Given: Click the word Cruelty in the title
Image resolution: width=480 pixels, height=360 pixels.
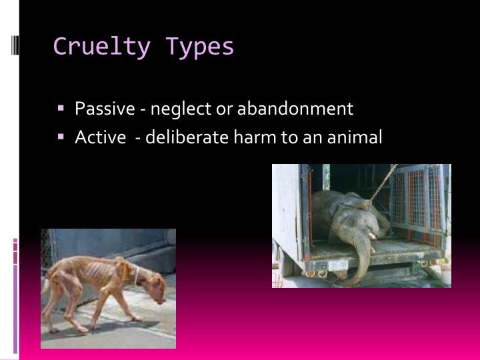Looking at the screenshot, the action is pos(101,47).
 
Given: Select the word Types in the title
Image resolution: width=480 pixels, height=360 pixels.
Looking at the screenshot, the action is pos(199,47).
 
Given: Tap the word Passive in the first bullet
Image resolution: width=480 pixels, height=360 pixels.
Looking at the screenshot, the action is pos(105,108).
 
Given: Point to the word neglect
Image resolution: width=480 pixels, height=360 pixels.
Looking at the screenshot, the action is pos(181,109).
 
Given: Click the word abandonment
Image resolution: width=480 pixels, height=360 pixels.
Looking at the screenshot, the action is pos(295,108).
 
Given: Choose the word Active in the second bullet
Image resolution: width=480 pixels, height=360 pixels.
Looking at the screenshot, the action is pos(100,137).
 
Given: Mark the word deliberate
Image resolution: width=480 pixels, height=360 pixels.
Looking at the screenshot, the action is pos(187,137).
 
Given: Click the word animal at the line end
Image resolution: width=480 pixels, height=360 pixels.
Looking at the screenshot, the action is pos(355,137).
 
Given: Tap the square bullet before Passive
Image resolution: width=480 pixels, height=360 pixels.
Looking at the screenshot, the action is pos(61,108).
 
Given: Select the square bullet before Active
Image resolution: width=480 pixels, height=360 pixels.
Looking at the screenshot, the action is pos(61,136).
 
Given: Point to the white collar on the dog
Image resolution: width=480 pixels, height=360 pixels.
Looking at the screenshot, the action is pos(137,275).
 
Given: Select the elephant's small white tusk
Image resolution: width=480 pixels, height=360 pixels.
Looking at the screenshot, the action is pos(372,236).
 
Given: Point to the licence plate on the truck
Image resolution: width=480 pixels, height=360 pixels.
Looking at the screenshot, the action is pos(338,265).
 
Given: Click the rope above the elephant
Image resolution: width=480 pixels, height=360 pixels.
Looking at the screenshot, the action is pos(383,183).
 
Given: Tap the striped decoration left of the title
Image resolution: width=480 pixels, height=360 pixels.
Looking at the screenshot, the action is pos(15,45).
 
